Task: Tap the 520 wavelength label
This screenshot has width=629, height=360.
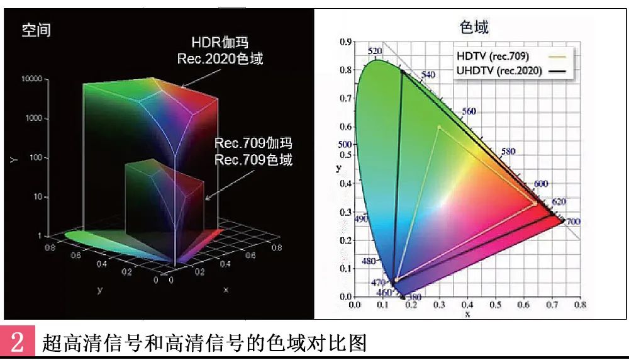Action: coord(375,52)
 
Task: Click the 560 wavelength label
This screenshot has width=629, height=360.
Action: coord(469,111)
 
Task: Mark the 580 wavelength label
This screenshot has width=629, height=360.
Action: coord(508,152)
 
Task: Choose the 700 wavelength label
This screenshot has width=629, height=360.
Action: coord(572,222)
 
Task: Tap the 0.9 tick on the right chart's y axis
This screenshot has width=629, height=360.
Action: coord(345,42)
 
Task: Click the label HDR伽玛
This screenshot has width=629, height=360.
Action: coord(220,43)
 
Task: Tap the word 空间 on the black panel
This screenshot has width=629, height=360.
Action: coord(36,30)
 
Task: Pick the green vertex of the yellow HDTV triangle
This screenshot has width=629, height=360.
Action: coord(438,127)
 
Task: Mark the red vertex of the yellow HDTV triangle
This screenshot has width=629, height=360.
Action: coord(535,204)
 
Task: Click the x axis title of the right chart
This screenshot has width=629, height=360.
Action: coord(467,313)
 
